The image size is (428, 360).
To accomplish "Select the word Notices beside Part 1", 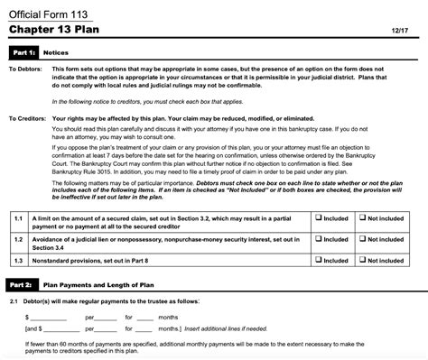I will coord(56,53).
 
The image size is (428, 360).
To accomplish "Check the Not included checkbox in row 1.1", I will coord(362,217).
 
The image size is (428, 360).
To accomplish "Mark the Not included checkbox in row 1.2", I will coord(362,237).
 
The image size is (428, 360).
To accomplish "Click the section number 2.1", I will coord(14,300).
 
